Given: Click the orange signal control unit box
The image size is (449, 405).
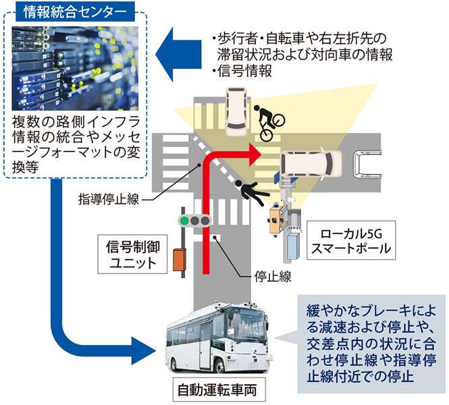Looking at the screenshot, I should click(x=178, y=260).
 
